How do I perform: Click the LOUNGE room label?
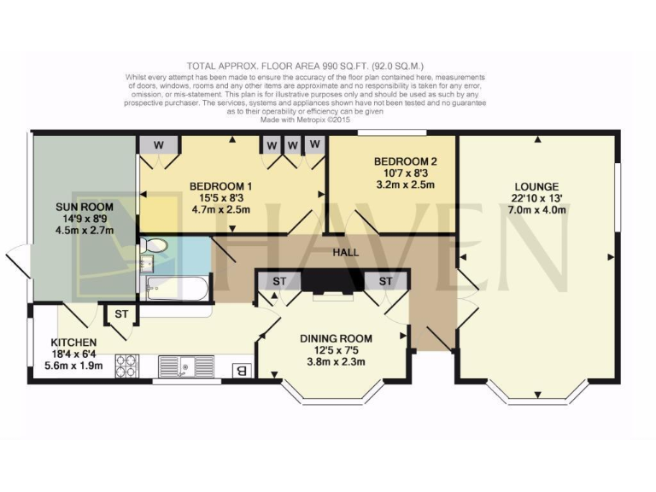(536, 187)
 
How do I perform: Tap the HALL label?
(346, 253)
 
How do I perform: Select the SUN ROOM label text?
(84, 207)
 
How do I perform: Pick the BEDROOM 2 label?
(406, 161)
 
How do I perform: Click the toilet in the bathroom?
(155, 247)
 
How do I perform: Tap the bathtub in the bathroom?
(174, 289)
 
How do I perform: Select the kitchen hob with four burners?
(127, 366)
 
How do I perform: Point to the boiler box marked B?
(242, 370)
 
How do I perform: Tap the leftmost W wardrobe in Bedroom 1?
(158, 144)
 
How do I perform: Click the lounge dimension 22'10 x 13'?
(536, 199)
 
